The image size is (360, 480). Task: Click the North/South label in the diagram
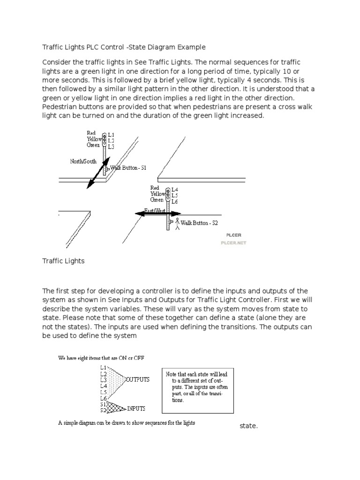83,161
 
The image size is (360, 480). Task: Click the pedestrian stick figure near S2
177,225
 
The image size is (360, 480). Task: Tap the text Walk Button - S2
199,223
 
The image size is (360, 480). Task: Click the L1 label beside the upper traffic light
111,135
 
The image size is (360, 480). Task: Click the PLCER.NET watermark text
233,243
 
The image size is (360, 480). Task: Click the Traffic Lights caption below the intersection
63,261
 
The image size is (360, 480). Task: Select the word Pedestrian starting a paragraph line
61,107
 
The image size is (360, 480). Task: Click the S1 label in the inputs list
103,404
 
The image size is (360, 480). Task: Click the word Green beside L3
93,145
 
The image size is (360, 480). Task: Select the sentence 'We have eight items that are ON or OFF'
101,358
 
